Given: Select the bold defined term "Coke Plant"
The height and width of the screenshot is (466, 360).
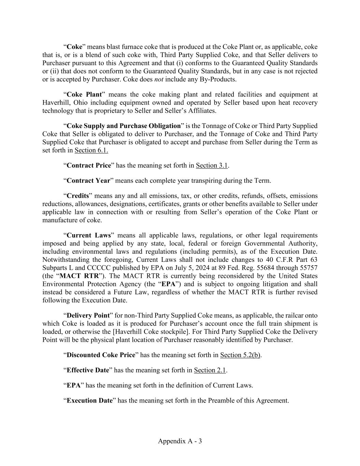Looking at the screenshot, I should [x=84, y=95].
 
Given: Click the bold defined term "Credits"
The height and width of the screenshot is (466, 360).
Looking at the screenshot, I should [x=77, y=196].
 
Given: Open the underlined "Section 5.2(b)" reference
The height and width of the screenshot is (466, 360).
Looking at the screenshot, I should [x=240, y=355].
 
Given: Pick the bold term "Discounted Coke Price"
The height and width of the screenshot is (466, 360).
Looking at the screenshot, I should [x=101, y=355].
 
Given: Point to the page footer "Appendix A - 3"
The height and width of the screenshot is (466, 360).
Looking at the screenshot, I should [x=180, y=441].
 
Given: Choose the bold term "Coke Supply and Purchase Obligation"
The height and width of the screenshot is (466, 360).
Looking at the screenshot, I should [x=124, y=126].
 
